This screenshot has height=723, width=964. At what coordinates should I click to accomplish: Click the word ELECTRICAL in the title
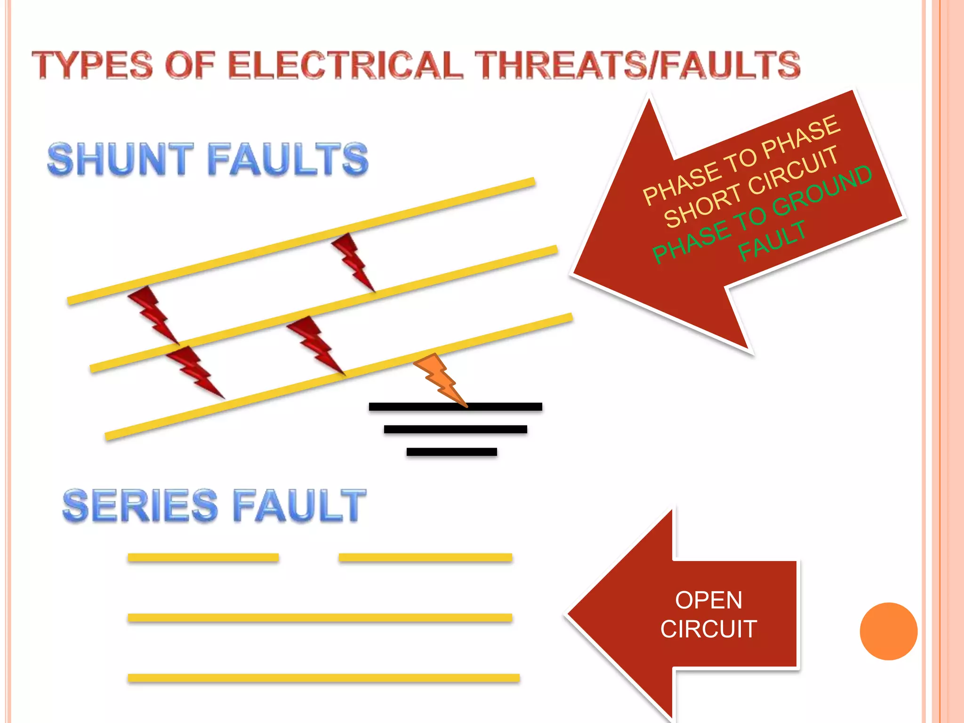tap(346, 65)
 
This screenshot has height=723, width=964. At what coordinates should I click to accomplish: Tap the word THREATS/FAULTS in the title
tap(637, 65)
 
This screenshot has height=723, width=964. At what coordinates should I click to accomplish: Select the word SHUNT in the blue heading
tap(120, 160)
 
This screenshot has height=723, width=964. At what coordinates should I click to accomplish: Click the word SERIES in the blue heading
tap(140, 506)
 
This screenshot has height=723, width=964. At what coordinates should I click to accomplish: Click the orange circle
tap(888, 631)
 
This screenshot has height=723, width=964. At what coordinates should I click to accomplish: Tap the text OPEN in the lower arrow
tap(708, 601)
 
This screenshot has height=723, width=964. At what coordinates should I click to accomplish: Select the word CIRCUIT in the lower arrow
tap(708, 629)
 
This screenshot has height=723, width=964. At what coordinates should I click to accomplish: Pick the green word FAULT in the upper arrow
tap(772, 241)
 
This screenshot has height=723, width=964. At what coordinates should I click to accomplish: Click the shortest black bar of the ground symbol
tap(451, 452)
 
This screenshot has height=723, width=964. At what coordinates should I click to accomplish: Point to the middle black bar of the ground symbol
tap(455, 429)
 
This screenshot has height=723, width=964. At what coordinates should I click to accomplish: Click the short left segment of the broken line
tap(203, 558)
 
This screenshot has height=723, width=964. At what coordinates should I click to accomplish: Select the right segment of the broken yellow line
tap(425, 558)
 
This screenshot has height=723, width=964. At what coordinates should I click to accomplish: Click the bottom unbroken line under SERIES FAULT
tap(323, 678)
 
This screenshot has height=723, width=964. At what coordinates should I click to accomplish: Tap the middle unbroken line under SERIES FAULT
tap(320, 618)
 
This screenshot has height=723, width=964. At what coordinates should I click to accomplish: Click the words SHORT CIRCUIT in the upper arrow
tap(751, 187)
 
